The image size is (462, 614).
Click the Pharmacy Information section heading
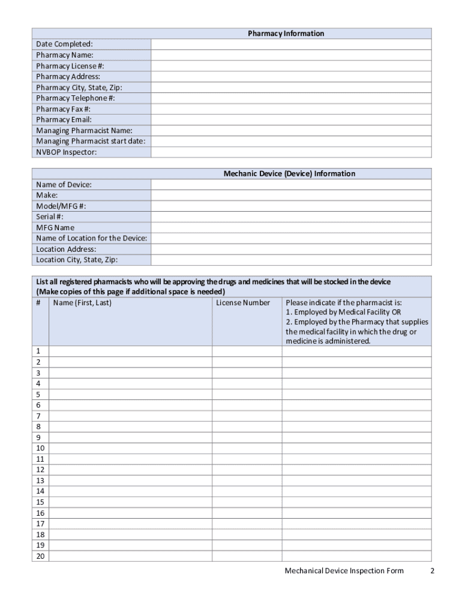click(x=286, y=34)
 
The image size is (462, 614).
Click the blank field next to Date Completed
click(x=290, y=44)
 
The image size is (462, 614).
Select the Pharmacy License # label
click(x=65, y=66)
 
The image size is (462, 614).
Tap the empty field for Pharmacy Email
click(x=290, y=120)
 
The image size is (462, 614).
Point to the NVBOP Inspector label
click(x=66, y=152)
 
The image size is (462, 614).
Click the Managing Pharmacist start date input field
click(x=290, y=142)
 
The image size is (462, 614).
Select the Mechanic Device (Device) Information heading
click(x=289, y=174)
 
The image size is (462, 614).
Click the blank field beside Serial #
click(x=290, y=217)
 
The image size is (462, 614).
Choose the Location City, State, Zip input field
click(x=290, y=260)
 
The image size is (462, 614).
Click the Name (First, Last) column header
click(x=82, y=303)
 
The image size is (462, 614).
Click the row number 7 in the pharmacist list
click(x=38, y=416)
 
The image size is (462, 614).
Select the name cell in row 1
click(x=130, y=351)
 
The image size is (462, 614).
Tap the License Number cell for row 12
click(x=247, y=470)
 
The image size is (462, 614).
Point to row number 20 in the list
click(x=40, y=556)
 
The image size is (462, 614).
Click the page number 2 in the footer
click(x=432, y=571)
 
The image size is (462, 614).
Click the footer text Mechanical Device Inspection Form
click(x=344, y=571)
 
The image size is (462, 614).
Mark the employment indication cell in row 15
click(x=356, y=502)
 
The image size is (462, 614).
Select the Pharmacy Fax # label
click(x=63, y=109)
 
